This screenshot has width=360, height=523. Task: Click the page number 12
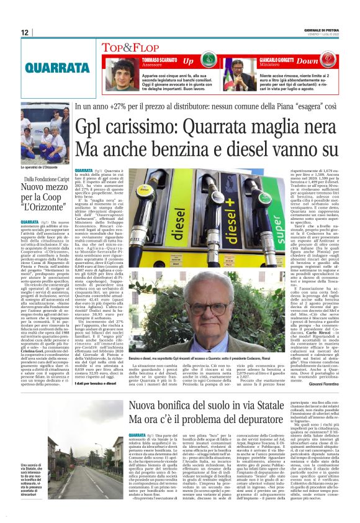tap(24, 32)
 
